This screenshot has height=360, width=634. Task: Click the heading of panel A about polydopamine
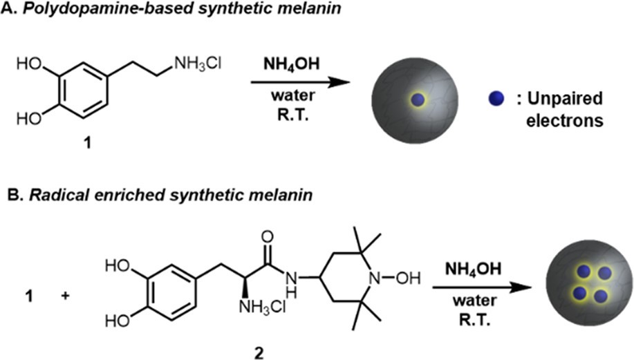tap(171, 8)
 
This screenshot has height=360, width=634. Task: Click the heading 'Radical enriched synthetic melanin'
tap(160, 195)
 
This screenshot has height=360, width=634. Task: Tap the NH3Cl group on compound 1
tap(198, 64)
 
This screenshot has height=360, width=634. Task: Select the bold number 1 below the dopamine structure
tap(87, 142)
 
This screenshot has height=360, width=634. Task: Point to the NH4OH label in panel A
tap(291, 64)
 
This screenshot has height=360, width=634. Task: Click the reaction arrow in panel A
tap(301, 82)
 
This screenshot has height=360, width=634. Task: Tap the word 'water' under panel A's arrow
tap(293, 96)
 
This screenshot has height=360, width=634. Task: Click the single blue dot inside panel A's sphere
tap(418, 100)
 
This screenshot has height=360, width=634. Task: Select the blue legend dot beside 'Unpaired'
tap(496, 99)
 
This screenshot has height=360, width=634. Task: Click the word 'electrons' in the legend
tap(564, 120)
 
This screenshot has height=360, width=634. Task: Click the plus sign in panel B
tap(65, 296)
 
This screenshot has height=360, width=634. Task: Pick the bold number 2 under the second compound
tap(258, 352)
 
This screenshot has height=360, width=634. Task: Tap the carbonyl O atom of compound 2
tap(268, 237)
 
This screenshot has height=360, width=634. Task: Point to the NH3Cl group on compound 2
tap(263, 307)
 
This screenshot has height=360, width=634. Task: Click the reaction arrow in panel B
tap(482, 287)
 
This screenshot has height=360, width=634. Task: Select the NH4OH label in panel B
tap(473, 269)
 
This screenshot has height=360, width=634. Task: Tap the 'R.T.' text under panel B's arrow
tap(475, 321)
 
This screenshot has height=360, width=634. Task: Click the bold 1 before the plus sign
tap(29, 296)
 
